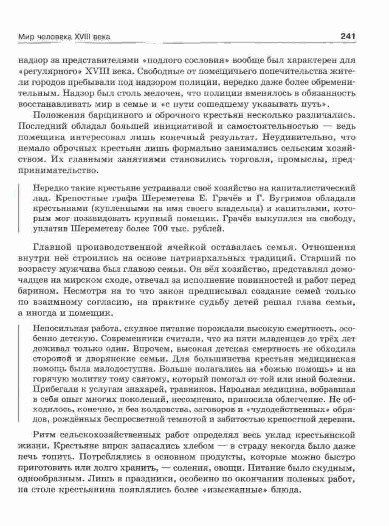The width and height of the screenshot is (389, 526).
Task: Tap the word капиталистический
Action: pyautogui.click(x=321, y=187)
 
